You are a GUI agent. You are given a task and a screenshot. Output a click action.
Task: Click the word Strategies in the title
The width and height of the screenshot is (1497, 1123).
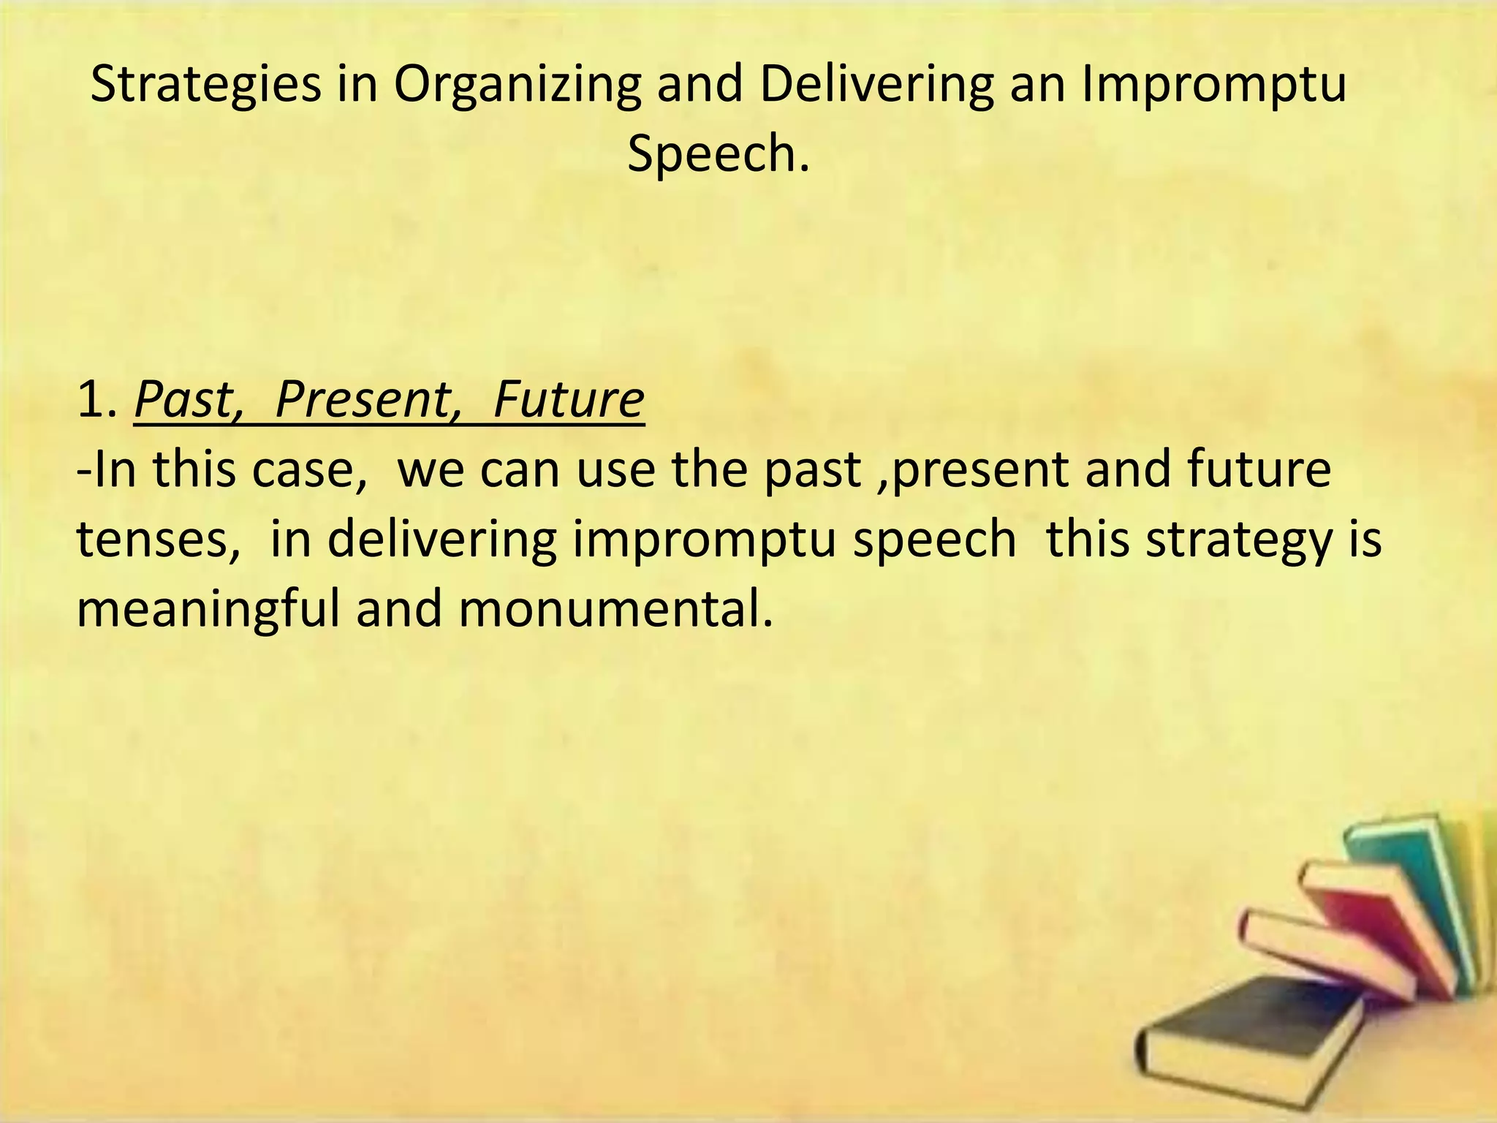205,85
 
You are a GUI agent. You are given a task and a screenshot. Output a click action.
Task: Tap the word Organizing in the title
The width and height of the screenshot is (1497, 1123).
517,85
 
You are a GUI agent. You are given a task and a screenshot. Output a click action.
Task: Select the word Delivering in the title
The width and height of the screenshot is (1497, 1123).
876,85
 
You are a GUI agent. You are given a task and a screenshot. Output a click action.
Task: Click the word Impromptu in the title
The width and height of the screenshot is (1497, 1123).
1213,85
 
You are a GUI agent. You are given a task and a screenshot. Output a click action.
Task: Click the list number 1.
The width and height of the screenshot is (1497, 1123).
96,400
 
